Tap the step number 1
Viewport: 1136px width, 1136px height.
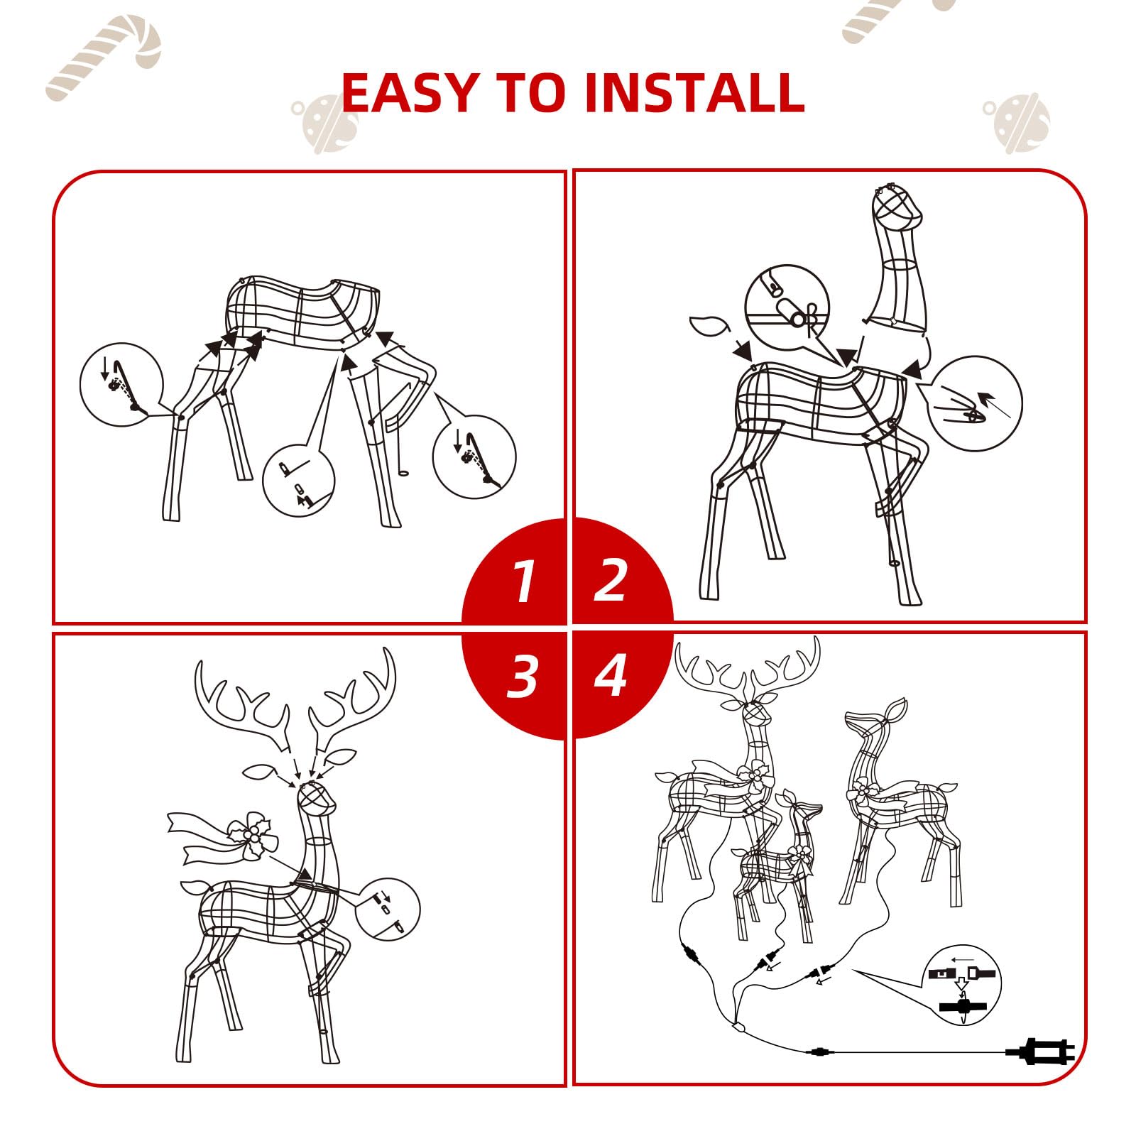(524, 581)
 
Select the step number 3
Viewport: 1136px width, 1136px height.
(523, 676)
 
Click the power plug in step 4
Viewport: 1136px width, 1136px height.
(1041, 1051)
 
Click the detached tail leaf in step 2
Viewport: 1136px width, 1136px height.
(709, 326)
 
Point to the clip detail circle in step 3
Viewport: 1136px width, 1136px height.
(386, 910)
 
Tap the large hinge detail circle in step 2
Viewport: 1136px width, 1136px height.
(787, 307)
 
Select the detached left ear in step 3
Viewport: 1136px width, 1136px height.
(260, 772)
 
